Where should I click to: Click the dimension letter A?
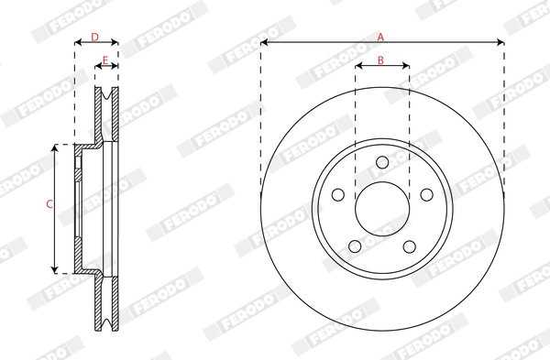point(381,37)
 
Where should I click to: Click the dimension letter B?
point(381,62)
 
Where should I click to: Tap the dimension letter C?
point(49,205)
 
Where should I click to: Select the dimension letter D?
point(95,37)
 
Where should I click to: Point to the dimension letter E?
point(106,62)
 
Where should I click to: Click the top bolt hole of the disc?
point(381,164)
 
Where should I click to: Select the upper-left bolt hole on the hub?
point(338,195)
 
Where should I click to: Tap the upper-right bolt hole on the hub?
point(425,195)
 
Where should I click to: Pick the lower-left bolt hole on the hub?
point(355,245)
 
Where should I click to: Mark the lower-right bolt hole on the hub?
point(409,245)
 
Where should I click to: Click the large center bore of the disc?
point(381,209)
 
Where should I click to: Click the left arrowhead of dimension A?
point(264,42)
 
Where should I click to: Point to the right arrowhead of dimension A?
point(500,42)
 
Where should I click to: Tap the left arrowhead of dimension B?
point(357,68)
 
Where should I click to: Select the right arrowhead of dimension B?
point(406,68)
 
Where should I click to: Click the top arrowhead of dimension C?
point(57,147)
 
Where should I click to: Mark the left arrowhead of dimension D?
point(77,42)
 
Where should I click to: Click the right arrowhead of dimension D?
point(115,42)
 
